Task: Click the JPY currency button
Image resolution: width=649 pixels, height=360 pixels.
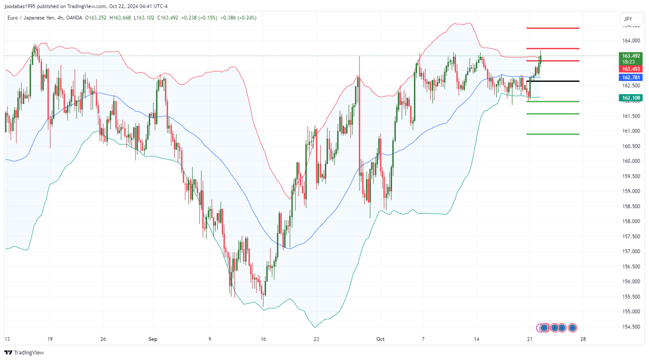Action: coord(628,19)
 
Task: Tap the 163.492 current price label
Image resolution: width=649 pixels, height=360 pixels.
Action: coord(631,56)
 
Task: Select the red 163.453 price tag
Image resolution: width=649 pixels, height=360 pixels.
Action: coord(631,69)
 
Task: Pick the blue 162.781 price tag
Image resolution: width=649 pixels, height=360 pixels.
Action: coord(631,77)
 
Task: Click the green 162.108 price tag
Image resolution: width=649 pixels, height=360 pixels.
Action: coord(631,98)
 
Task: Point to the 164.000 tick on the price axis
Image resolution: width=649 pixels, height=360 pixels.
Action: coord(631,41)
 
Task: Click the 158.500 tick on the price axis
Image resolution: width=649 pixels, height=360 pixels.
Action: coord(631,206)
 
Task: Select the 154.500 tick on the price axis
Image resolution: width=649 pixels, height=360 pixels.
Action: coord(631,327)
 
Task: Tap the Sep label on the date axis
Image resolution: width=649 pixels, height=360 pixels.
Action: coord(153,339)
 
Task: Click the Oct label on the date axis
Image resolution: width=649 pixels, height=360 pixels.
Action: coord(380,339)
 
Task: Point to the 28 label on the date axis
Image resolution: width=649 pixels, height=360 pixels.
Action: coord(583,339)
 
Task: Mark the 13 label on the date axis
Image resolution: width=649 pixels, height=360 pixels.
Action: coord(7,339)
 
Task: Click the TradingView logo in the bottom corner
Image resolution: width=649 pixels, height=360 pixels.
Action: coord(24,353)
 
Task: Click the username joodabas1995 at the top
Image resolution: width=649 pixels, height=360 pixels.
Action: coord(21,6)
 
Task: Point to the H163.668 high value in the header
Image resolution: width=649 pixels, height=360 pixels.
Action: coord(120,18)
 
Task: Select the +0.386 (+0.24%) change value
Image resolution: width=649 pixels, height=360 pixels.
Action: coord(238,18)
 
